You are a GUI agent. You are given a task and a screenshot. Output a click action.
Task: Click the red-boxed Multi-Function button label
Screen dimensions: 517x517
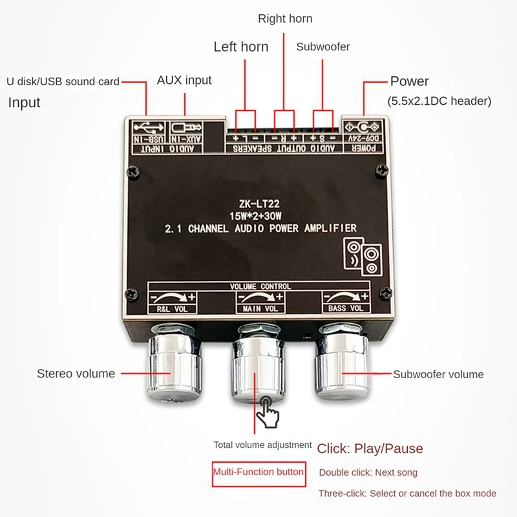258,472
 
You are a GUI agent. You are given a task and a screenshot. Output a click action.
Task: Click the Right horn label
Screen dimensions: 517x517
285,19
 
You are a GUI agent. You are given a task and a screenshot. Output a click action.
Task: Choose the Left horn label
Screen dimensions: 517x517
241,47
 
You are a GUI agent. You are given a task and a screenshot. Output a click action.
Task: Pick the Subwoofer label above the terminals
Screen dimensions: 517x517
323,47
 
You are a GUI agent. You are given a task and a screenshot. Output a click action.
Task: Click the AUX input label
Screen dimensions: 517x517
184,81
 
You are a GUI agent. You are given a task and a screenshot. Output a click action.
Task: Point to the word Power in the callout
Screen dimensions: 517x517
409,81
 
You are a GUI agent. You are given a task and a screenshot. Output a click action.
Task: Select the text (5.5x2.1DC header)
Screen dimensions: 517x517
439,101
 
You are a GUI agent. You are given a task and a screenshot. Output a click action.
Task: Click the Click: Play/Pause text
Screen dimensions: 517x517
370,448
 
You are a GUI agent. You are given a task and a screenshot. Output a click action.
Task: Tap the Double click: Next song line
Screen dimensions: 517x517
368,472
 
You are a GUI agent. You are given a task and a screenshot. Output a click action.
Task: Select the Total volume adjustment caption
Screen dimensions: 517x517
263,445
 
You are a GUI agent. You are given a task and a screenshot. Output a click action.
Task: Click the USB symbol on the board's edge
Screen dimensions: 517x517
147,127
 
